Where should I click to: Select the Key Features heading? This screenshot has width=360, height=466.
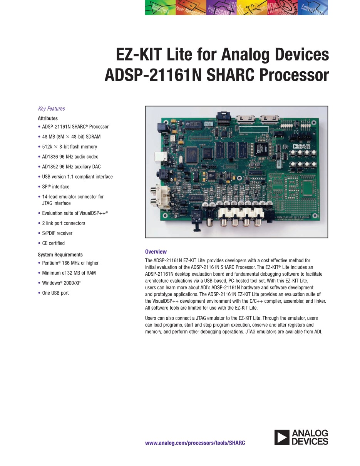click(x=52, y=109)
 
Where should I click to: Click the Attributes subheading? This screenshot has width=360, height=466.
click(x=48, y=118)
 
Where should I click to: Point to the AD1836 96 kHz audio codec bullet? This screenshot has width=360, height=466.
click(x=70, y=157)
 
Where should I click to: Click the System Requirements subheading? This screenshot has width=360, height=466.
click(x=60, y=255)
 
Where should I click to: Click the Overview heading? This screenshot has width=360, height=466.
click(x=156, y=251)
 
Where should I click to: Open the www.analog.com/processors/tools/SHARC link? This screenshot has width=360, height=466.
click(x=195, y=443)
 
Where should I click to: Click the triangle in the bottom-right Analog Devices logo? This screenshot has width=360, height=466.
click(x=281, y=437)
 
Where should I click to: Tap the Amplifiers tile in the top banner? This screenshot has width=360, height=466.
click(x=161, y=7)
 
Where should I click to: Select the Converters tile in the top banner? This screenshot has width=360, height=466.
click(x=313, y=7)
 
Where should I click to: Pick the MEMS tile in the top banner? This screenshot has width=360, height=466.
click(x=282, y=7)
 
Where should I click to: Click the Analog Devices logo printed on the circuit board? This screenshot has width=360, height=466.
click(x=302, y=146)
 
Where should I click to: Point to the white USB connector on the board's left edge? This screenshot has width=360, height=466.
click(x=161, y=156)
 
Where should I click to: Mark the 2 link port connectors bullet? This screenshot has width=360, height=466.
click(x=64, y=223)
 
